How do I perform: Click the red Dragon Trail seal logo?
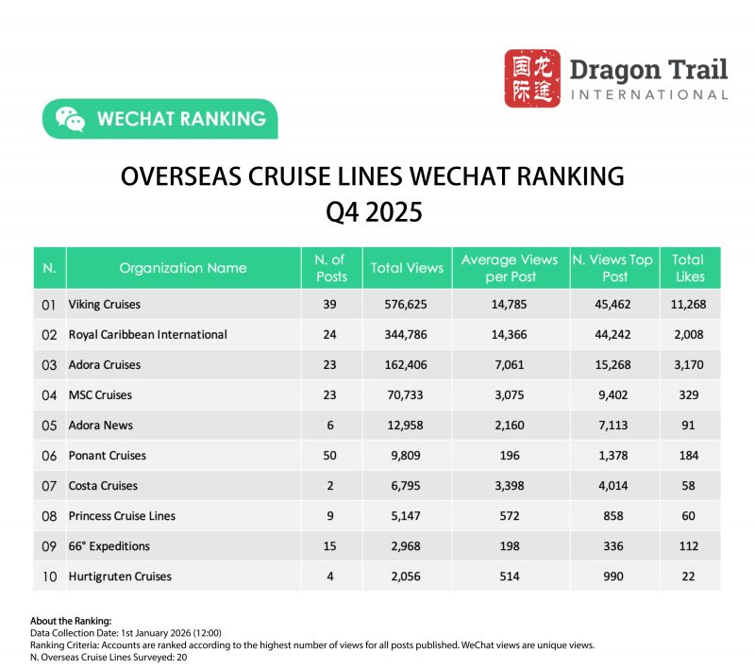[532, 78]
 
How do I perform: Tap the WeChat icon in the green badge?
[70, 119]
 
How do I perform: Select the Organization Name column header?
[183, 268]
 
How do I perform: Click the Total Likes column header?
[688, 268]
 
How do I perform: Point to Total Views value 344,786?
[407, 335]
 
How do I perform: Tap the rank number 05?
[50, 426]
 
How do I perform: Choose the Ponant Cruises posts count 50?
[330, 456]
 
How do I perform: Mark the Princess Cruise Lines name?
[122, 516]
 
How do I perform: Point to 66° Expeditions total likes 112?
[688, 546]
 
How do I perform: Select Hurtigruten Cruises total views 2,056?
[407, 577]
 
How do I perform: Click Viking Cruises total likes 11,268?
[688, 305]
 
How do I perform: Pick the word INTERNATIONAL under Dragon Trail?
[648, 94]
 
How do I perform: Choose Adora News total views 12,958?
[407, 426]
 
